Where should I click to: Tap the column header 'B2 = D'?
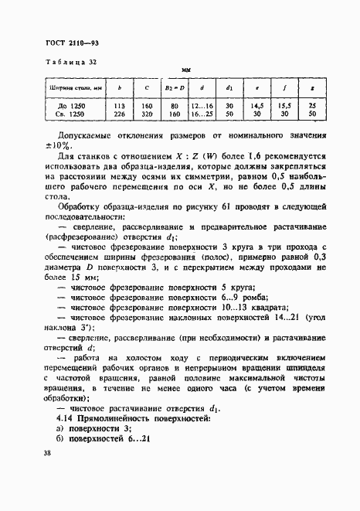point(175,90)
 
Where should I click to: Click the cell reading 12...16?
point(202,104)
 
